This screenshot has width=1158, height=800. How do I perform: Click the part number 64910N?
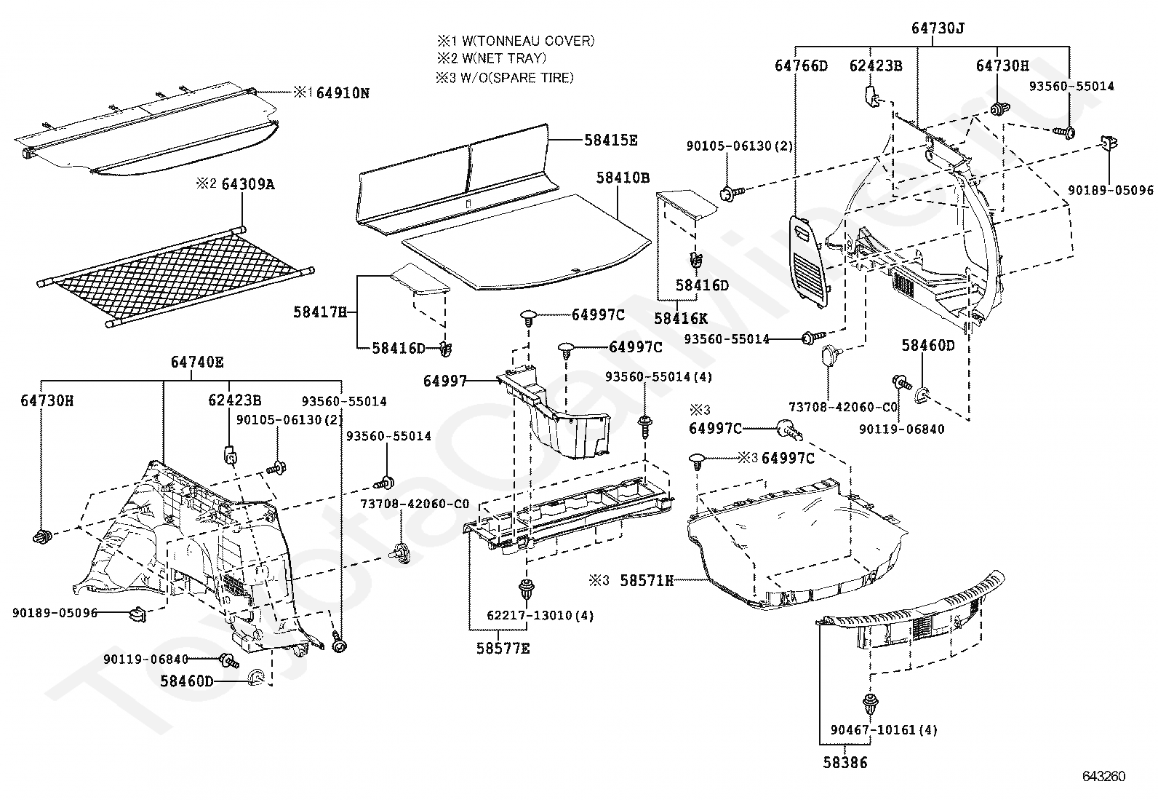click(x=342, y=93)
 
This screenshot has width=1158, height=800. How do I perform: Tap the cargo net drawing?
click(x=175, y=277)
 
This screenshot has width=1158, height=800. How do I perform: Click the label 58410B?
click(x=623, y=177)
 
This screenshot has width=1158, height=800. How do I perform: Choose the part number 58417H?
click(x=320, y=312)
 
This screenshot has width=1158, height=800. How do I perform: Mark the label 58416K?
click(x=680, y=318)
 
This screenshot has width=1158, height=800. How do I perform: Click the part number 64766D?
click(x=801, y=66)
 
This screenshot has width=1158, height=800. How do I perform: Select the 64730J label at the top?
click(x=938, y=28)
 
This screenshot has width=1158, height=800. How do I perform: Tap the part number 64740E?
click(x=197, y=362)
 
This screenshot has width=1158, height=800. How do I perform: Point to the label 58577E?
click(x=503, y=648)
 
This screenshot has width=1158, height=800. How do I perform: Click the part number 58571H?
click(x=647, y=580)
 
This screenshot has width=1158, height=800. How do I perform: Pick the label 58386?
click(x=845, y=763)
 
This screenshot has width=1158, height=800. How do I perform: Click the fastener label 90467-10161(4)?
click(x=884, y=729)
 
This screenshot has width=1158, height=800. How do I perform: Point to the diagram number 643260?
click(x=1103, y=777)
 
